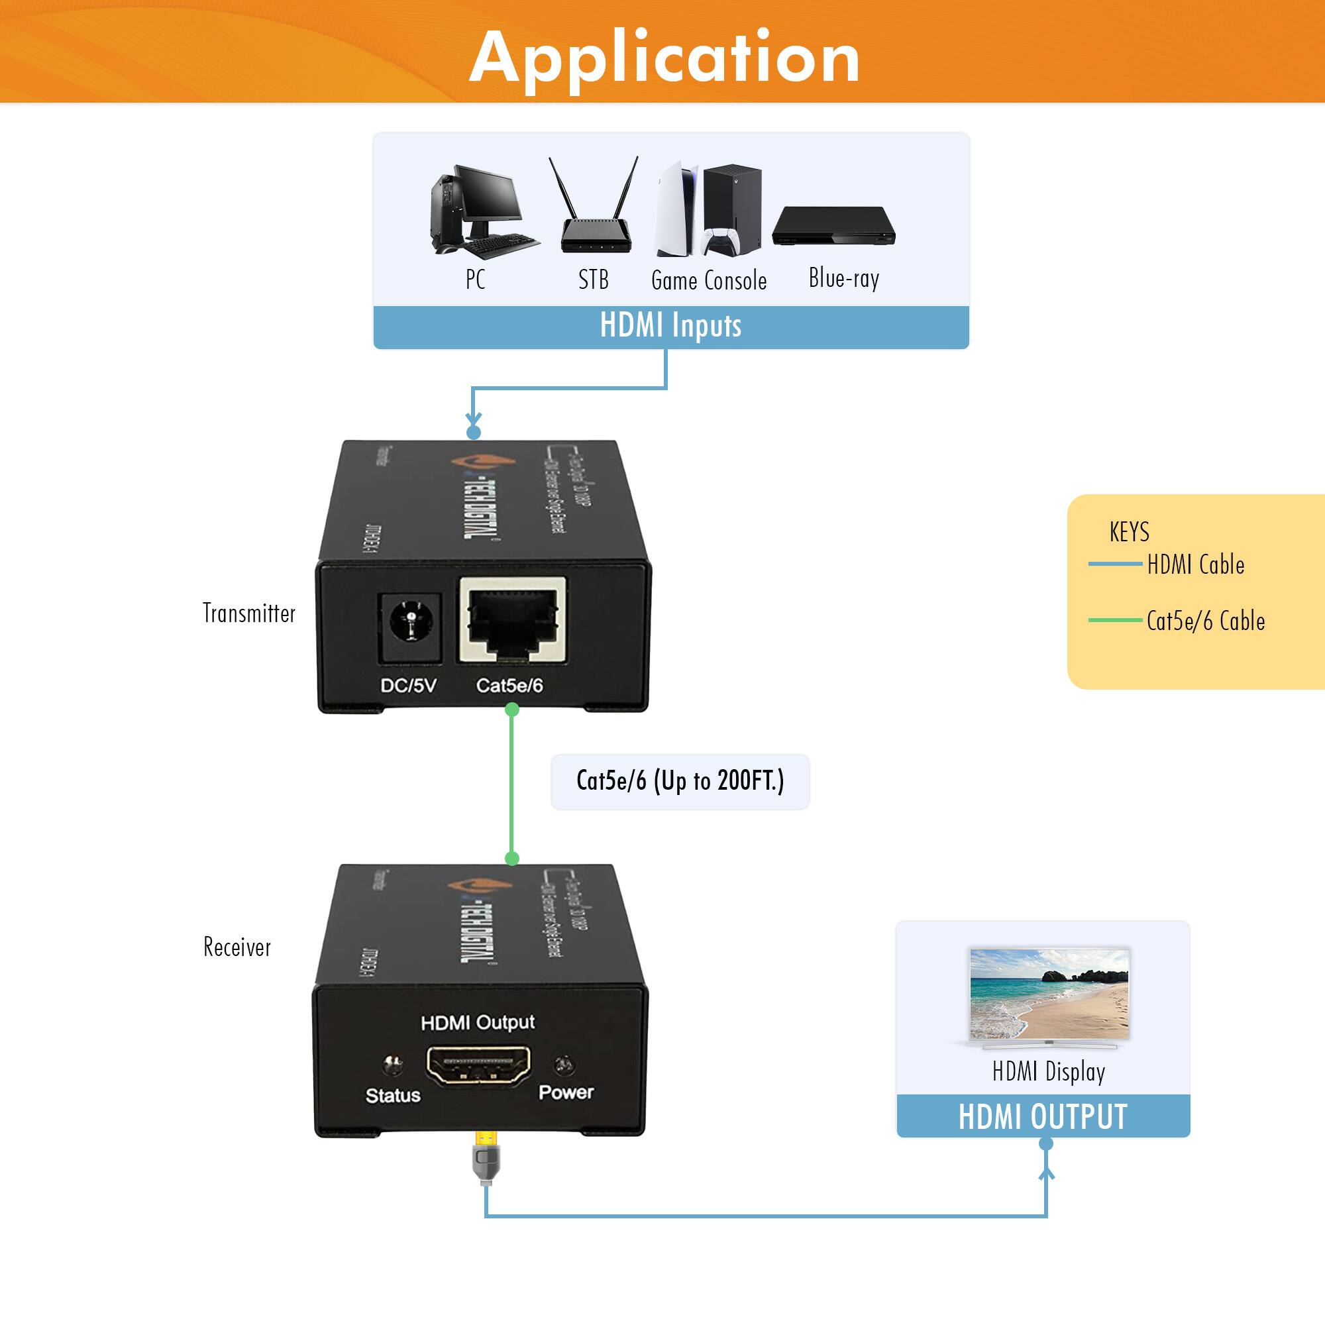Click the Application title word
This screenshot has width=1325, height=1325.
[664, 58]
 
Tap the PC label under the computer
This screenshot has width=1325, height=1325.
[475, 279]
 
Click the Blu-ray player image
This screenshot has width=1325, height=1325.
[833, 226]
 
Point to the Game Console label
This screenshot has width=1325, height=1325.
[708, 280]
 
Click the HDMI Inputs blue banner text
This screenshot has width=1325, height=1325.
[670, 325]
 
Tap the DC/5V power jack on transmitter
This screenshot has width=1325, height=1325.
[410, 621]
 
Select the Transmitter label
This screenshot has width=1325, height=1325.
[249, 613]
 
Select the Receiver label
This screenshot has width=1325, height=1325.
[237, 947]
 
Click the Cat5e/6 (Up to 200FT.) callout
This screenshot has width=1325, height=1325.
[680, 781]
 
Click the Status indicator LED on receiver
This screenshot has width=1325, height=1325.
[393, 1065]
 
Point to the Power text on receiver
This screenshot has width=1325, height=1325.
[566, 1092]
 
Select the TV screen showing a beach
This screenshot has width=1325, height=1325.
[1049, 994]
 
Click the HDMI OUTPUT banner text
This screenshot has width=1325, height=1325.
[1042, 1116]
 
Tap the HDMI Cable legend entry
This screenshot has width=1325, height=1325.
[1194, 564]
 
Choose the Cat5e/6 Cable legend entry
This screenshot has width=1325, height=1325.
[1205, 621]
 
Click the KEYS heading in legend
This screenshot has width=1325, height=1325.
[1129, 531]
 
